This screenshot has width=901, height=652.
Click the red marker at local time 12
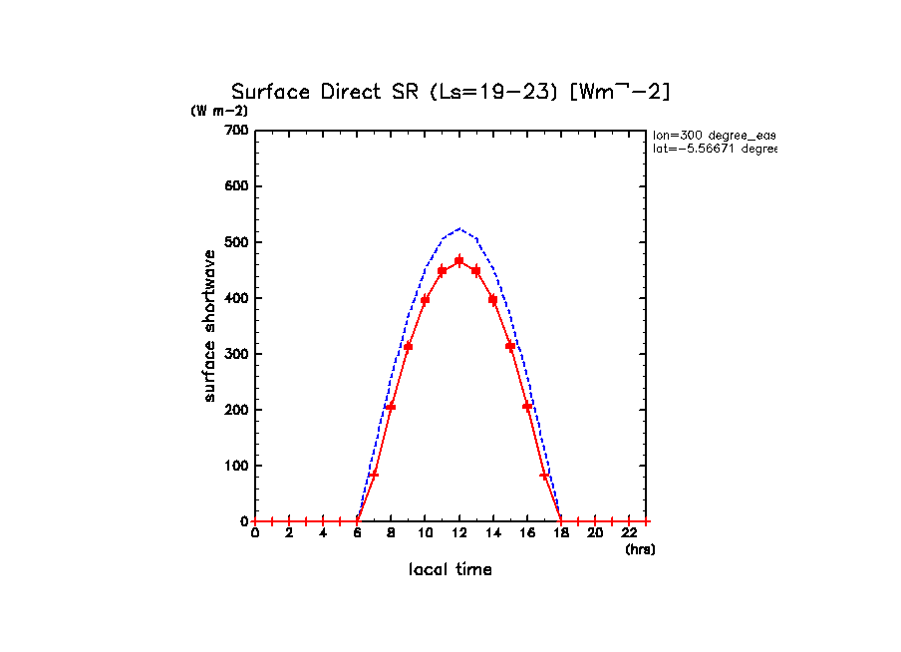(x=459, y=261)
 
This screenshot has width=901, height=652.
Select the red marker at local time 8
(x=391, y=407)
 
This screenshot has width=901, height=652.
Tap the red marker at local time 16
(x=527, y=407)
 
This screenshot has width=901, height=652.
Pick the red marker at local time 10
(x=426, y=299)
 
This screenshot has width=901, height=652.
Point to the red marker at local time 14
(x=493, y=299)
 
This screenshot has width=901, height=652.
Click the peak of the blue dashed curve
(x=459, y=229)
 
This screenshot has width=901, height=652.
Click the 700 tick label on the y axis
(x=236, y=131)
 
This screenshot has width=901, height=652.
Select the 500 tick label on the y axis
(x=236, y=242)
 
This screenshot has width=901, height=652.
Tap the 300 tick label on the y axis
(x=236, y=354)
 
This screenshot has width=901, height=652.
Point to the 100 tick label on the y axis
(x=236, y=466)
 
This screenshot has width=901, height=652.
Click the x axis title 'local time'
(x=450, y=570)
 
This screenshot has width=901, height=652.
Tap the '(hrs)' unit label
(x=640, y=549)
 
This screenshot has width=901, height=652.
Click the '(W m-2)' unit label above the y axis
(x=219, y=111)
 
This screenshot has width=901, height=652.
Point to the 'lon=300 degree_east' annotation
(x=714, y=135)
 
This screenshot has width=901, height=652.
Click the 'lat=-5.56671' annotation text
(x=714, y=149)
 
